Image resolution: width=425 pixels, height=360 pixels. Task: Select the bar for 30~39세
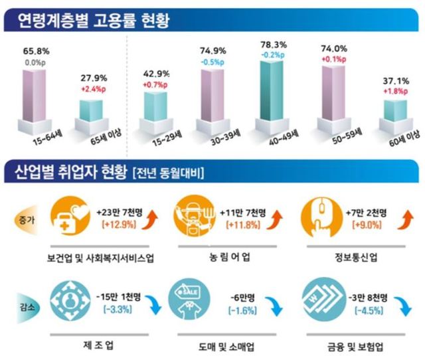[213, 100]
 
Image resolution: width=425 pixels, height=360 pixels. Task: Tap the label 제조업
[100, 345]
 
